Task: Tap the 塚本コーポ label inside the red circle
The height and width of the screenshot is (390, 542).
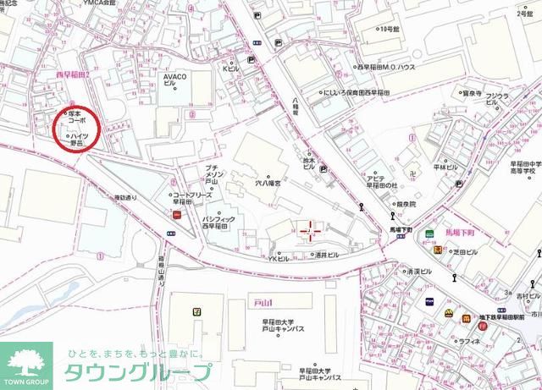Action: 77,117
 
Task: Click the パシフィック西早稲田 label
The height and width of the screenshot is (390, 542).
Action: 222,225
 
